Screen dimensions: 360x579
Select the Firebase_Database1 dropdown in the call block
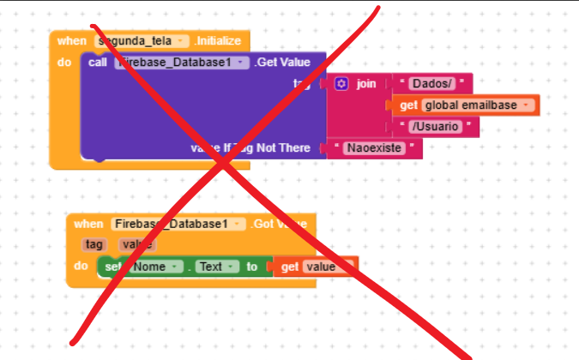coord(182,63)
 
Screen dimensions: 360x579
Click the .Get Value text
coord(282,63)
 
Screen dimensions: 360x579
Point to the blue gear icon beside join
coord(341,84)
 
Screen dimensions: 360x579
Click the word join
coord(366,84)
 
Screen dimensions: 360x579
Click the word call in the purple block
coord(97,63)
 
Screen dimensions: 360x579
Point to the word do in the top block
coord(64,63)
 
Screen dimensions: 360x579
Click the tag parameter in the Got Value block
coord(93,244)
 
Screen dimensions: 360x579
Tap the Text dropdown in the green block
coord(214,267)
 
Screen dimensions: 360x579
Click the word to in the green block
coord(251,267)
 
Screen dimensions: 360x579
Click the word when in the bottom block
coord(87,224)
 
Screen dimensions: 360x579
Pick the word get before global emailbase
coord(407,105)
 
